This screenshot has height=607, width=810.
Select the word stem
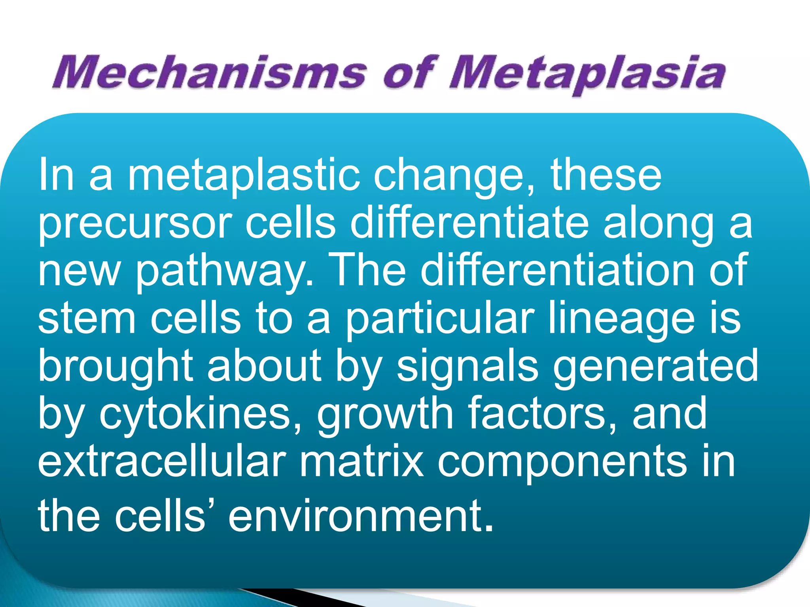coord(87,319)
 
